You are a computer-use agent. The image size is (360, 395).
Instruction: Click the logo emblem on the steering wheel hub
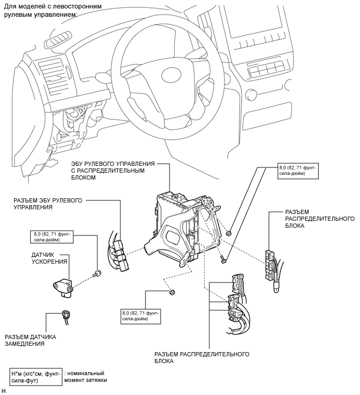pyautogui.click(x=171, y=75)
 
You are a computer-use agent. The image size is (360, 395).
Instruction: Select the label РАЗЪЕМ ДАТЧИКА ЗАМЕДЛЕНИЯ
pyautogui.click(x=30, y=340)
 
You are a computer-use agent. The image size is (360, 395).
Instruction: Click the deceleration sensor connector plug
pyautogui.click(x=66, y=317)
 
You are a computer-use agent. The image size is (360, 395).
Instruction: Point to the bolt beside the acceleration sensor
pyautogui.click(x=97, y=273)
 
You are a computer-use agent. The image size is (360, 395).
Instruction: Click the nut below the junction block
pyautogui.click(x=172, y=292)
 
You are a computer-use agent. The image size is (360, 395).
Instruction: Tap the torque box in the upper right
pyautogui.click(x=298, y=171)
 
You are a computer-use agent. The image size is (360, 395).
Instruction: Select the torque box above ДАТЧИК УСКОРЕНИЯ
pyautogui.click(x=52, y=237)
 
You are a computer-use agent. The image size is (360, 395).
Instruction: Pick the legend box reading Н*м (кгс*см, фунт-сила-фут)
pyautogui.click(x=36, y=377)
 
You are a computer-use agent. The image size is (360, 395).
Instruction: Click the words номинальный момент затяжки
pyautogui.click(x=85, y=377)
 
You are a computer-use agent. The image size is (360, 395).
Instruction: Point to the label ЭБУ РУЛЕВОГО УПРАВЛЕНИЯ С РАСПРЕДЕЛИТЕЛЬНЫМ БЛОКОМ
pyautogui.click(x=113, y=171)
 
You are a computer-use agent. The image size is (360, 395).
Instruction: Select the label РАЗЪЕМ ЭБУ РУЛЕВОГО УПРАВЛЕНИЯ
pyautogui.click(x=48, y=204)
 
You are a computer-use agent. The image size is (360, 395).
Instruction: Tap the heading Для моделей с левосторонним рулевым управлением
pyautogui.click(x=53, y=10)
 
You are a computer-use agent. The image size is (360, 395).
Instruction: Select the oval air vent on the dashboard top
pyautogui.click(x=58, y=40)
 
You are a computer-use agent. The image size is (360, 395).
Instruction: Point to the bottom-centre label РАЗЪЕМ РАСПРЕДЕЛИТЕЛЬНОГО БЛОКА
pyautogui.click(x=202, y=357)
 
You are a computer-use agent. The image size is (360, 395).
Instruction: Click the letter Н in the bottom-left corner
pyautogui.click(x=3, y=391)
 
